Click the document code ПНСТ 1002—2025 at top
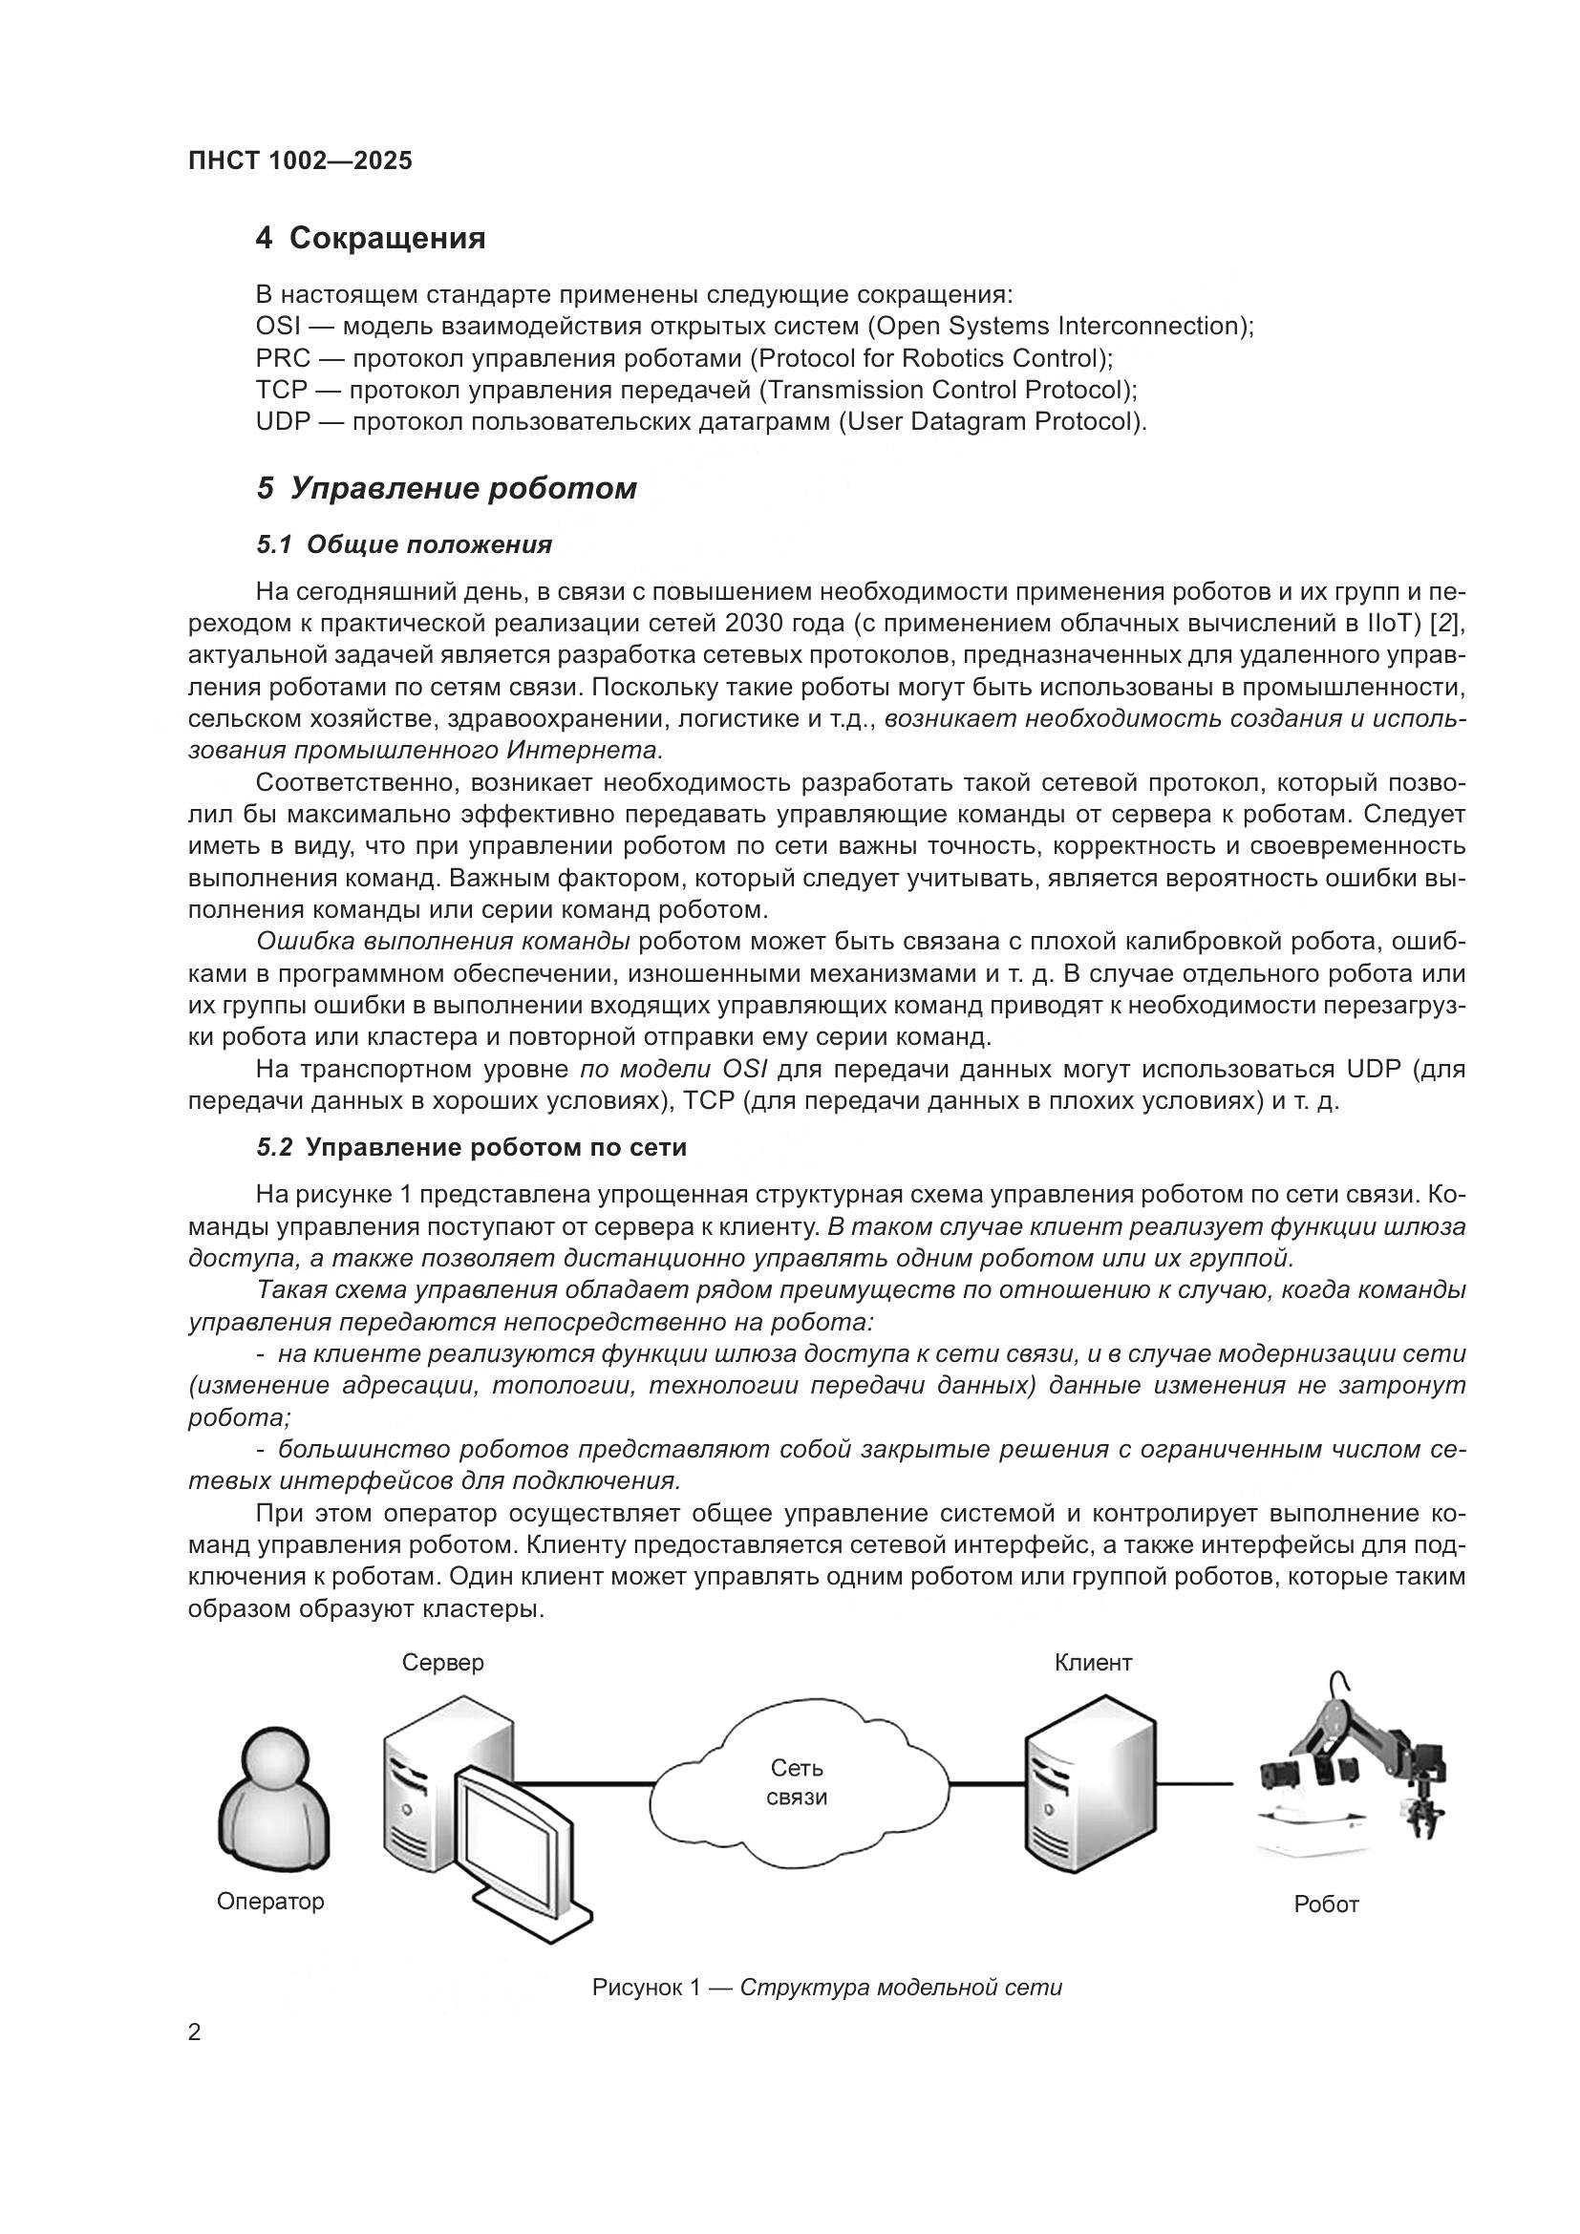coord(300,160)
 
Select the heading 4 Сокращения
coord(370,238)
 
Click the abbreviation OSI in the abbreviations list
coord(277,326)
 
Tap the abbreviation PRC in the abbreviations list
coord(281,358)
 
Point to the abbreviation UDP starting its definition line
coord(282,422)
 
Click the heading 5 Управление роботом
coord(445,488)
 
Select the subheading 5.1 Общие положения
coord(404,544)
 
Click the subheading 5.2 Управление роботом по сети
coord(471,1148)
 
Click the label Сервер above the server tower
coord(442,1663)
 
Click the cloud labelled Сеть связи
coord(798,1781)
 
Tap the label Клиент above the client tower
coord(1093,1663)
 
